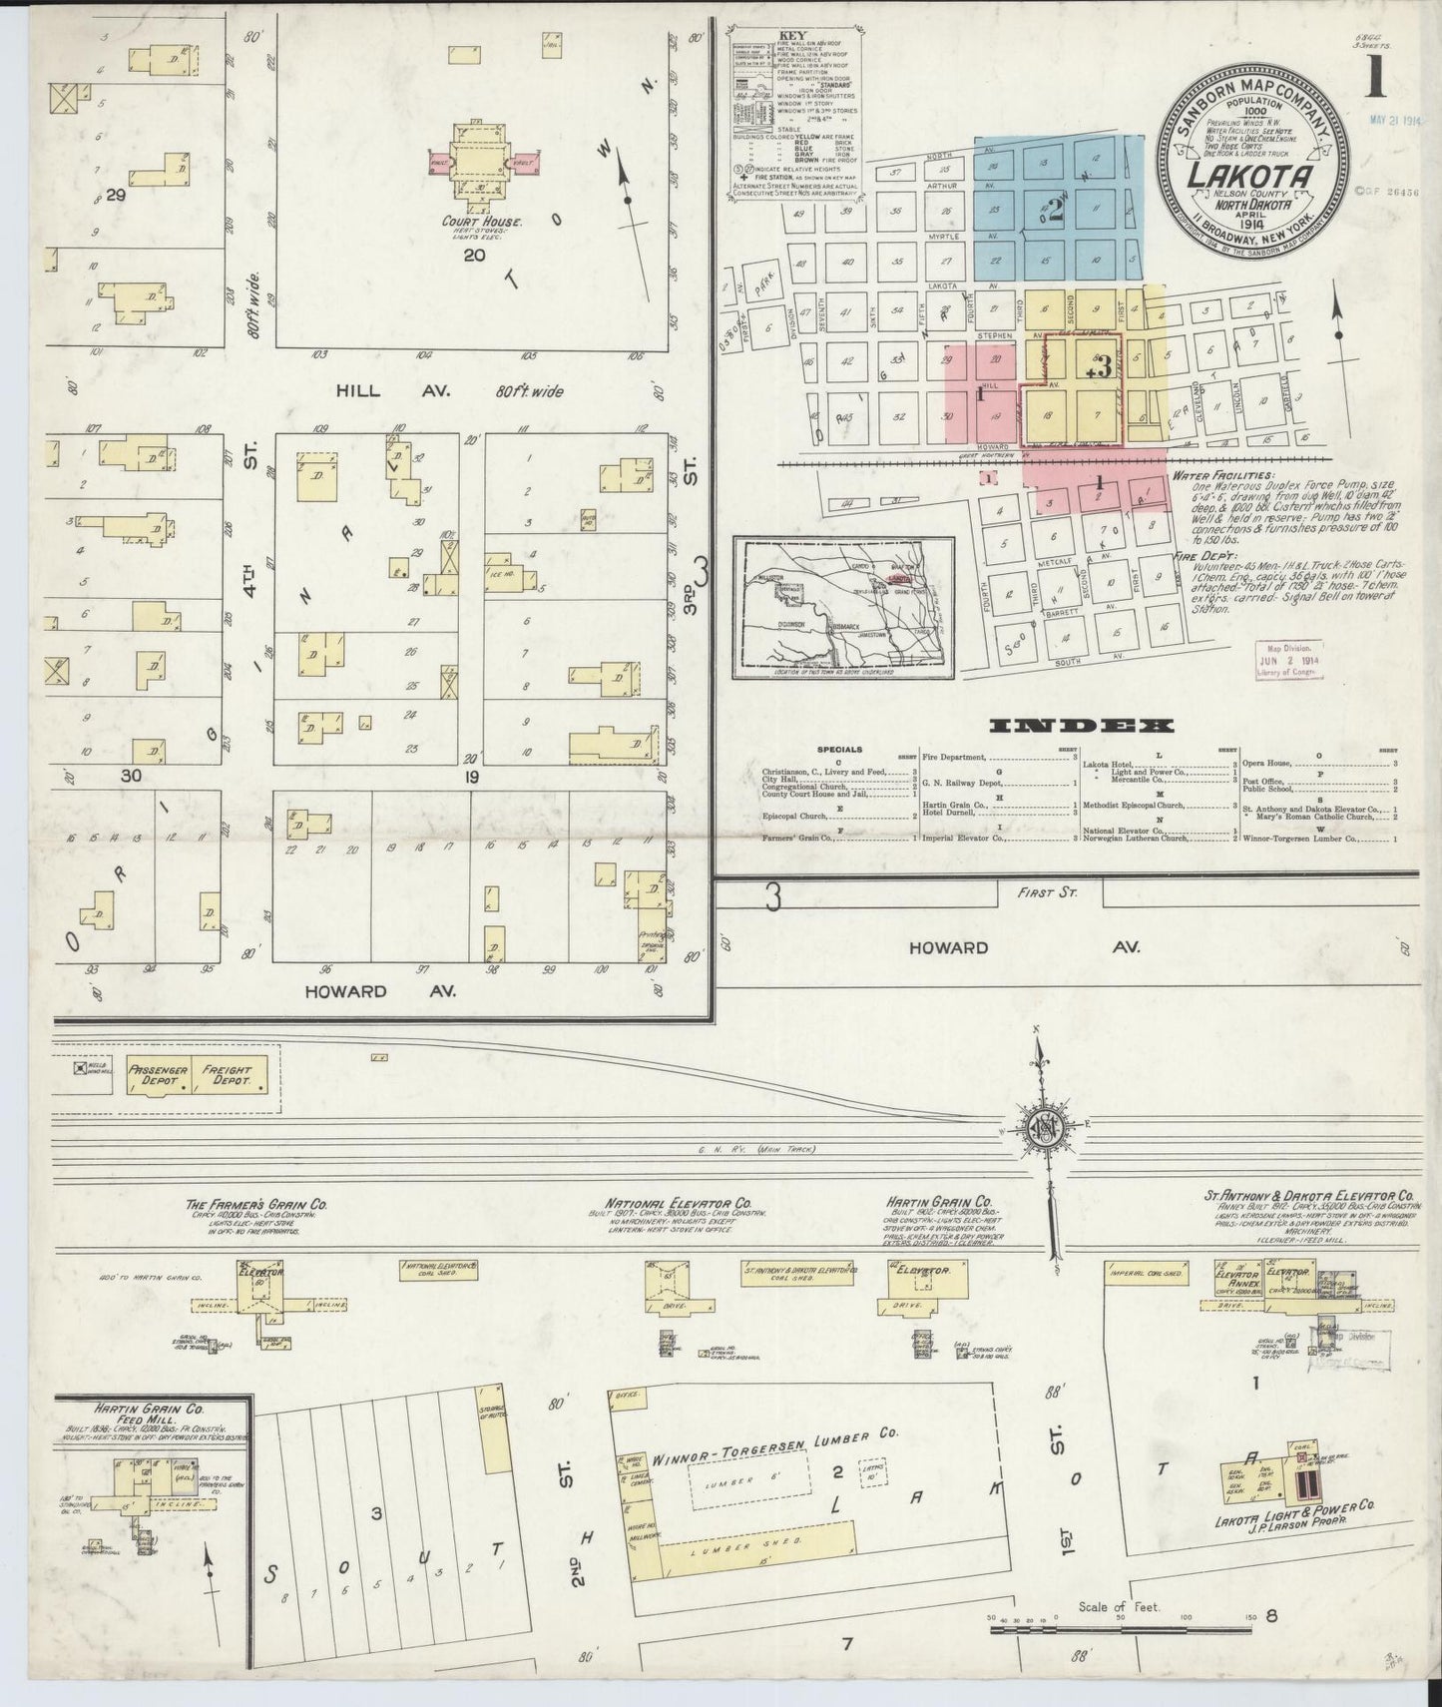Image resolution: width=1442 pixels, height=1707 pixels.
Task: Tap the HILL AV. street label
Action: pos(357,390)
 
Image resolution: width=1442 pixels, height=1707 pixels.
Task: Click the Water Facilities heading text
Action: pos(1223,476)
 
